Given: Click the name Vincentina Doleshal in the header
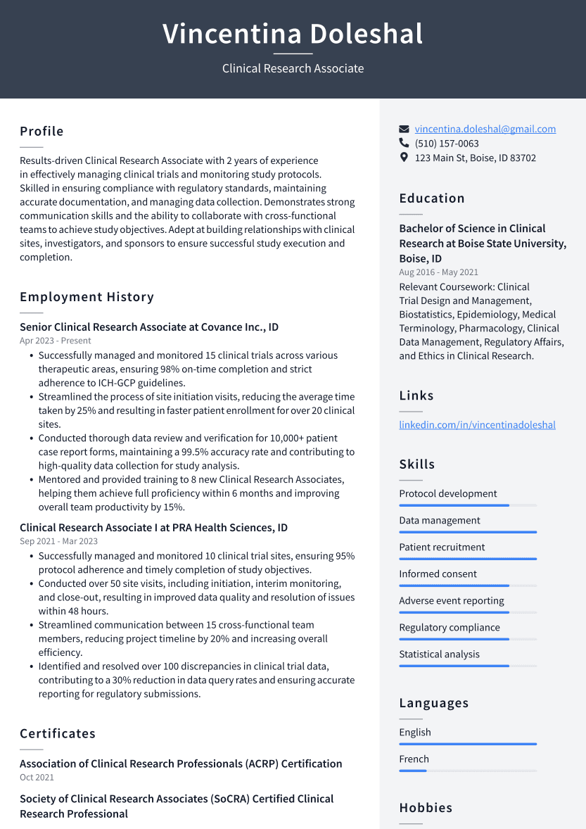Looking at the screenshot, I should [293, 34].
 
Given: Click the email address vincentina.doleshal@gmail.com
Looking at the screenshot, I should [485, 129].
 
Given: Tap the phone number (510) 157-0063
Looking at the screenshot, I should [447, 144].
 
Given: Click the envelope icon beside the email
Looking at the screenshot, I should [404, 129].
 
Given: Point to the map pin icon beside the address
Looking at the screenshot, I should [404, 158].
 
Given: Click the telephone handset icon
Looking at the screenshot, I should [404, 144].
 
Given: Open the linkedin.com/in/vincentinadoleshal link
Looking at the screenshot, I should [477, 424].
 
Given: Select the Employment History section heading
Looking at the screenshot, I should [87, 297].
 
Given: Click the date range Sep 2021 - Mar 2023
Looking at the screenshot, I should [58, 541].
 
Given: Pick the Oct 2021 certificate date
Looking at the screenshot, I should [37, 778].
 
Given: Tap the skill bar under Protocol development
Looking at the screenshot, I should [467, 505].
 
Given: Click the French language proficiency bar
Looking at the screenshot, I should [467, 771].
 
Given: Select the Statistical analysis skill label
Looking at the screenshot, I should [439, 654].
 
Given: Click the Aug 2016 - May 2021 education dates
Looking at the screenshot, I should [438, 272].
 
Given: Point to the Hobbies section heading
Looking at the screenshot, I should [426, 808].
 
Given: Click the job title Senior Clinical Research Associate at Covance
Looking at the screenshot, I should [149, 327].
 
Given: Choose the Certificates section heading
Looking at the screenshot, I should [58, 733].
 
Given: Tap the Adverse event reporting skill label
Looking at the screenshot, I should [452, 601].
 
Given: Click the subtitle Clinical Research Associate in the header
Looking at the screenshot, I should [293, 68].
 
